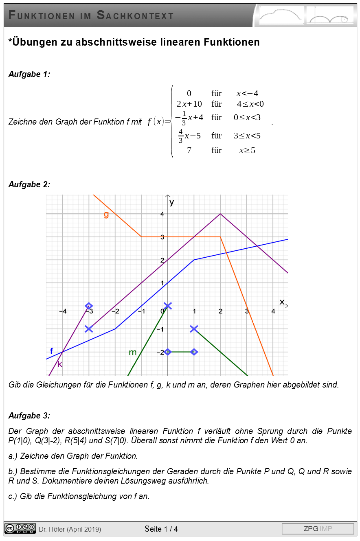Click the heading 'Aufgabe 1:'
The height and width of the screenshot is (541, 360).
[x=29, y=74]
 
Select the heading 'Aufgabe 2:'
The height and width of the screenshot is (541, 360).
[x=29, y=184]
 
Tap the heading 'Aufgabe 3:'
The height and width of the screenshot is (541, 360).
[x=29, y=416]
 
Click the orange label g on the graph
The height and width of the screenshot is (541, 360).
[x=106, y=215]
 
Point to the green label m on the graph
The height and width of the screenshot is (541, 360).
[x=133, y=352]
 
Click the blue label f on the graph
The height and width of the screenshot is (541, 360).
[x=51, y=351]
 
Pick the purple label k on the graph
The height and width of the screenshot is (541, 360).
[x=60, y=364]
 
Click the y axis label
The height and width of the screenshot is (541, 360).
[x=172, y=202]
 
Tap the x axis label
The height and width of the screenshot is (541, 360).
[x=281, y=302]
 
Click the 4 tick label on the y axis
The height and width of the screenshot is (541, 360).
[x=162, y=214]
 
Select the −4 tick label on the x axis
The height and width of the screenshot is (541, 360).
[x=63, y=311]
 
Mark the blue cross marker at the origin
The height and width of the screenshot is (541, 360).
[x=168, y=306]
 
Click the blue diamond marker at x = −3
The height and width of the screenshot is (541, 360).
[x=89, y=306]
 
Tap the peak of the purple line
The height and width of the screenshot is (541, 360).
[x=220, y=213]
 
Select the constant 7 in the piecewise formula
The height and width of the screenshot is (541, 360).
[x=189, y=150]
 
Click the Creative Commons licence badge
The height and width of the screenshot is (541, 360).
[x=20, y=528]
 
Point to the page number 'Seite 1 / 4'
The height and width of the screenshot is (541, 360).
[x=161, y=529]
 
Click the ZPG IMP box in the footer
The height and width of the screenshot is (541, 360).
[x=318, y=529]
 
